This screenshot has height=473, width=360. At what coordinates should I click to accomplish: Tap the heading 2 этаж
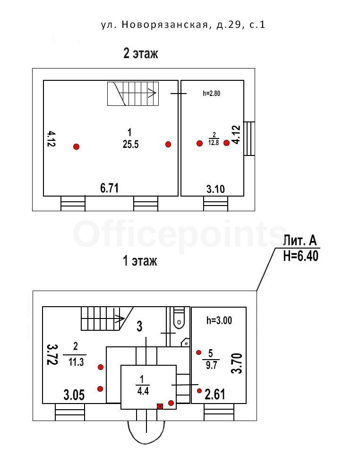pyautogui.click(x=140, y=53)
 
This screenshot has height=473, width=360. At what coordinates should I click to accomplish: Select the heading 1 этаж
pyautogui.click(x=140, y=260)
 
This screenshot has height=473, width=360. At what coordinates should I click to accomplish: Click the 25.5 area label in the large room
pyautogui.click(x=130, y=145)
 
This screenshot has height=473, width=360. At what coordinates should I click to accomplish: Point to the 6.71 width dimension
pyautogui.click(x=109, y=188)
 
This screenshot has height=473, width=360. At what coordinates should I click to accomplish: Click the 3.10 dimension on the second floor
pyautogui.click(x=215, y=189)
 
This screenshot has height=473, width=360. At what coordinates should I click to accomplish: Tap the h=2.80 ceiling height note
pyautogui.click(x=212, y=94)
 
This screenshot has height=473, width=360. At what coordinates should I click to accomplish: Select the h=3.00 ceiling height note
pyautogui.click(x=219, y=320)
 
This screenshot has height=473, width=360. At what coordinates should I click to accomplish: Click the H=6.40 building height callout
pyautogui.click(x=300, y=257)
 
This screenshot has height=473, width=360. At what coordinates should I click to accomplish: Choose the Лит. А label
pyautogui.click(x=300, y=241)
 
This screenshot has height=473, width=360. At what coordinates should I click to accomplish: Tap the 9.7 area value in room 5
pyautogui.click(x=211, y=365)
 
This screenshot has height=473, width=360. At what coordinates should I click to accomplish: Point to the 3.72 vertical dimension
pyautogui.click(x=52, y=354)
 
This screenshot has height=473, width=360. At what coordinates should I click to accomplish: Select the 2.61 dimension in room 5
pyautogui.click(x=215, y=394)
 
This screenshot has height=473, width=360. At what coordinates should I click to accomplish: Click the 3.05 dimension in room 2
pyautogui.click(x=74, y=395)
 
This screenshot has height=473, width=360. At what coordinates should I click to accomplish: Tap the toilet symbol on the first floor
pyautogui.click(x=179, y=318)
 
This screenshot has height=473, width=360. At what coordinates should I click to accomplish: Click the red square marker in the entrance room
pyautogui.click(x=160, y=405)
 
